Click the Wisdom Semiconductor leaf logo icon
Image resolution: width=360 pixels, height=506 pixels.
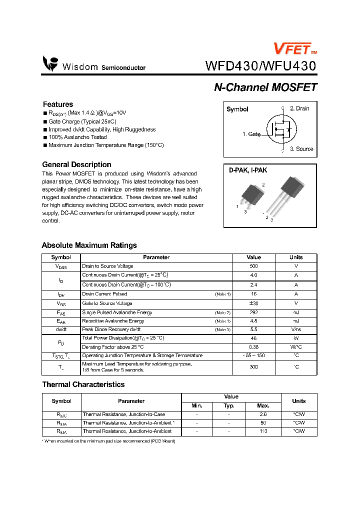tap(50, 63)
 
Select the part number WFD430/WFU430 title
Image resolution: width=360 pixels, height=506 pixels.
tap(260, 66)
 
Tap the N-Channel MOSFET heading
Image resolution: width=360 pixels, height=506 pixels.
tap(265, 87)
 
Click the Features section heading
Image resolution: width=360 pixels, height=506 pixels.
tap(58, 104)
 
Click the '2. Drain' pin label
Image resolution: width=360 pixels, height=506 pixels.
tap(299, 108)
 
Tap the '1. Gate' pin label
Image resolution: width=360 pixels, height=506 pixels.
tap(251, 134)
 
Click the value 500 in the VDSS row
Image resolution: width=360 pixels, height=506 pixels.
tap(253, 266)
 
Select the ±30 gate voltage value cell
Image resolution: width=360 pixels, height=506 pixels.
tap(253, 303)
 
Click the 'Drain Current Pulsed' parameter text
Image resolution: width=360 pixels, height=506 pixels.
tap(104, 294)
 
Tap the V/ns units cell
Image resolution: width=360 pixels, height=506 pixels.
tap(296, 330)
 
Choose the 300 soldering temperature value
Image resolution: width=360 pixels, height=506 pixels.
tap(253, 367)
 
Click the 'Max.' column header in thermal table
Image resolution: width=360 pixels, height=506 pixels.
tap(263, 406)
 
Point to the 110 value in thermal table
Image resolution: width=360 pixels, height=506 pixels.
tap(263, 431)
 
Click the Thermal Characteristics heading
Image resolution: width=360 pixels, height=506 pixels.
tap(83, 384)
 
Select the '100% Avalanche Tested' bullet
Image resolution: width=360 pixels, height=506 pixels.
tap(77, 137)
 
